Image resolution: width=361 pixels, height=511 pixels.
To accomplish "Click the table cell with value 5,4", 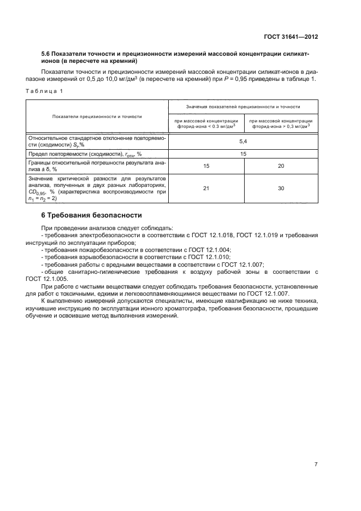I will [243, 141].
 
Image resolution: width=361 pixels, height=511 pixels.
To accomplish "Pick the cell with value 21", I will [206, 188].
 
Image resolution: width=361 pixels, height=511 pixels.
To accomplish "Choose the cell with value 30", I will [281, 188].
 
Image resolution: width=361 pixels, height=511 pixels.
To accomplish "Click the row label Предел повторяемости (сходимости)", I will [85, 154].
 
